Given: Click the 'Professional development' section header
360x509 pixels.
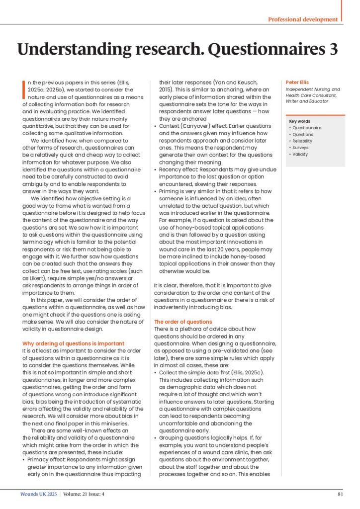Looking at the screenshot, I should point(302,19).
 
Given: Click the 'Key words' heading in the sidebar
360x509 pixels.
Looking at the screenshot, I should point(299,121).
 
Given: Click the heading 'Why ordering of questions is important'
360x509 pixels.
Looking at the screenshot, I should point(74,343).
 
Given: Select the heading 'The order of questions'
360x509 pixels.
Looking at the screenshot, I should point(183,322).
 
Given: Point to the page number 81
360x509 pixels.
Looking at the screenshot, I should point(340,494).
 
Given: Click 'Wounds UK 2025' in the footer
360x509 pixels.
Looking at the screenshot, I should point(39,494).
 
